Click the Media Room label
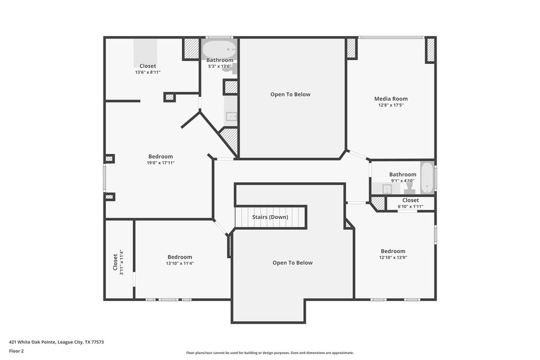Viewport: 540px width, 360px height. pyautogui.click(x=391, y=99)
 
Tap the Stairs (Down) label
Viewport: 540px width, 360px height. pyautogui.click(x=270, y=217)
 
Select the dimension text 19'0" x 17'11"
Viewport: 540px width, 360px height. pyautogui.click(x=160, y=163)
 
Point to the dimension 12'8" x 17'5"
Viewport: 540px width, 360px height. pyautogui.click(x=391, y=105)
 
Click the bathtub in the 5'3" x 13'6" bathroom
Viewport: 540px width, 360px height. pyautogui.click(x=219, y=50)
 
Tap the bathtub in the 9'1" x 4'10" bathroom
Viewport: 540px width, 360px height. pyautogui.click(x=427, y=178)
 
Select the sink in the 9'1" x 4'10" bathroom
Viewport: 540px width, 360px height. pyautogui.click(x=387, y=189)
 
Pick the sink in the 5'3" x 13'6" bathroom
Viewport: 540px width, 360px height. pyautogui.click(x=231, y=116)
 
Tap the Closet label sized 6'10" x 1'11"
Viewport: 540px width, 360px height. pyautogui.click(x=410, y=200)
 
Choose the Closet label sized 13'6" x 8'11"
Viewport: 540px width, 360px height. pyautogui.click(x=148, y=66)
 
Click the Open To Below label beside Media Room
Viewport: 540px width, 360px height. pyautogui.click(x=291, y=94)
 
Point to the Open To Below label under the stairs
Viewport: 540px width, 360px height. pyautogui.click(x=292, y=263)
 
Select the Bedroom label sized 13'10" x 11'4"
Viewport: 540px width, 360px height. pyautogui.click(x=180, y=257)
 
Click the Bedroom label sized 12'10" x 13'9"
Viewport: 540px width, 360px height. pyautogui.click(x=393, y=251)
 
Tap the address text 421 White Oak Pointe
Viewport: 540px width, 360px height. pyautogui.click(x=32, y=342)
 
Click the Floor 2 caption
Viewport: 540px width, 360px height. pyautogui.click(x=16, y=351)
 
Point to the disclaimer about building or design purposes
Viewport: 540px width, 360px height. pyautogui.click(x=270, y=353)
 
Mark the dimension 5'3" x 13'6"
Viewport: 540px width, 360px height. pyautogui.click(x=220, y=66)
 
